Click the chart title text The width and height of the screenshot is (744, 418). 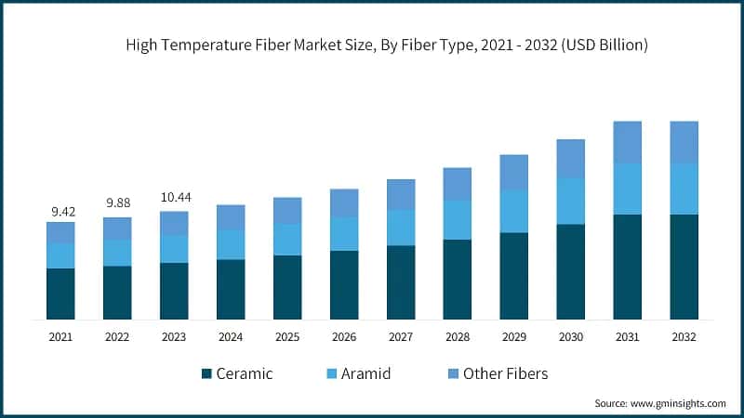tap(371, 45)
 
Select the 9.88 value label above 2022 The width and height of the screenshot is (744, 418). tap(117, 203)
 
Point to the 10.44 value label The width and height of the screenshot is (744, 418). tap(173, 198)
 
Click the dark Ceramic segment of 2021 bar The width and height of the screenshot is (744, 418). tap(60, 294)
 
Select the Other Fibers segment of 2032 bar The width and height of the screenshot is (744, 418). tap(684, 142)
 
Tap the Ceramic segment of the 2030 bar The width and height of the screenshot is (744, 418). tap(570, 271)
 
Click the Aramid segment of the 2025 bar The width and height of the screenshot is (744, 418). tap(287, 239)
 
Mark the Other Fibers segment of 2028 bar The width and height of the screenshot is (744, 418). tap(457, 184)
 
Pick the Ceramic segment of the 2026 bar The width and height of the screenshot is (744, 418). tap(344, 284)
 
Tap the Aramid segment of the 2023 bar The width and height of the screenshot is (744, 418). tap(174, 248)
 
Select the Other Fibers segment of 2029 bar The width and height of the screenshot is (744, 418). tap(513, 173)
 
